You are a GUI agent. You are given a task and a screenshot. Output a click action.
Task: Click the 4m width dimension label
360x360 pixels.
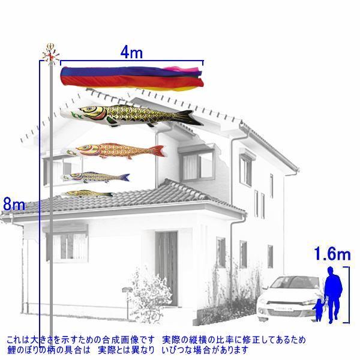(131, 53)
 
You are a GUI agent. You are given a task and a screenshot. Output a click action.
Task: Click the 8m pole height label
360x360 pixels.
(14, 204)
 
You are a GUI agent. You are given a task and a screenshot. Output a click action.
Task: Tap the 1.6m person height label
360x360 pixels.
(332, 254)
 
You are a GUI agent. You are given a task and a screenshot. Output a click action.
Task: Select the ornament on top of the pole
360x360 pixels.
(51, 54)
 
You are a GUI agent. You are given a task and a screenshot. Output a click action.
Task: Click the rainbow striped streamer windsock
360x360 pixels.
(132, 78)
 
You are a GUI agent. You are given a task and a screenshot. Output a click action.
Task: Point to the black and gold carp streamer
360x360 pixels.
(131, 115)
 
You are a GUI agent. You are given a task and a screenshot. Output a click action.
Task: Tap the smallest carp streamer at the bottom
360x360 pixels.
(88, 194)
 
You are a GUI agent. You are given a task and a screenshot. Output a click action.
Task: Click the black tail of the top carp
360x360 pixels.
(190, 118)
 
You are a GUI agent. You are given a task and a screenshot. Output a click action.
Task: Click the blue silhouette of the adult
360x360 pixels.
(332, 295)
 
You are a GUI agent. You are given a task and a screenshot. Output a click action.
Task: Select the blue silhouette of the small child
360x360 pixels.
(319, 310)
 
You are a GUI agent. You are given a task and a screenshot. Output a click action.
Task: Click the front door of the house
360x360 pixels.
(167, 268)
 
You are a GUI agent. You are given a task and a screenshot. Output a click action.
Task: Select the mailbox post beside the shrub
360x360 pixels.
(127, 302)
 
